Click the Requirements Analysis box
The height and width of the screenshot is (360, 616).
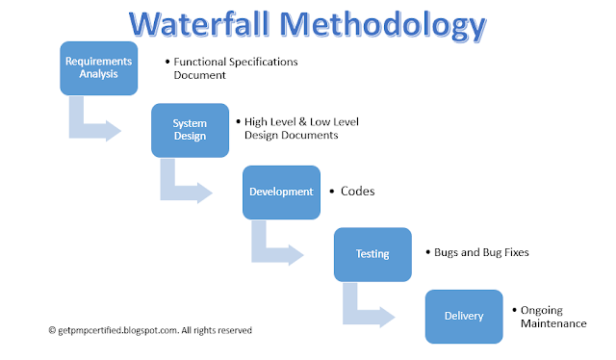click(x=99, y=68)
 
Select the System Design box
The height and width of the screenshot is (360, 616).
click(x=191, y=131)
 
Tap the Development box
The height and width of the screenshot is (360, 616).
click(x=281, y=193)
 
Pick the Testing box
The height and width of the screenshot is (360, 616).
click(x=372, y=255)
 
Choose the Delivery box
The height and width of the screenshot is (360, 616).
click(x=464, y=317)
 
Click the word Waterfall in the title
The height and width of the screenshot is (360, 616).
click(x=199, y=24)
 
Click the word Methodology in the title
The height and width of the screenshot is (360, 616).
click(x=383, y=26)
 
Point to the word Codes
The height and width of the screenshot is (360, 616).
click(x=357, y=192)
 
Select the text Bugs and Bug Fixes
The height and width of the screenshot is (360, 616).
click(x=481, y=252)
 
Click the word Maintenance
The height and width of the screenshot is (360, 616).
click(x=553, y=323)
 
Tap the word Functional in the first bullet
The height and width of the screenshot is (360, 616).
click(x=200, y=62)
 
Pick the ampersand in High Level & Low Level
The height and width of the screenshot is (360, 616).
click(x=302, y=122)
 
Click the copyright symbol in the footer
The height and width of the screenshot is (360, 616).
click(x=52, y=330)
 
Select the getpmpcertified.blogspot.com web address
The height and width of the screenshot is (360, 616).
click(x=117, y=330)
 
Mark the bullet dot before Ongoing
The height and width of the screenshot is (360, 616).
click(x=514, y=310)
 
